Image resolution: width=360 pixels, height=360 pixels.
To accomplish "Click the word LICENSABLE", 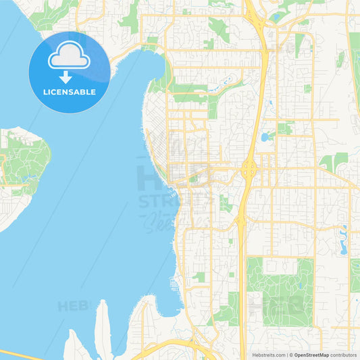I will [x=69, y=92].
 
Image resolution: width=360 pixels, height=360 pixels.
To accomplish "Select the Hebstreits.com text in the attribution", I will [x=268, y=355].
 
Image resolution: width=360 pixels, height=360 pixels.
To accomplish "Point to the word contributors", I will [x=343, y=355].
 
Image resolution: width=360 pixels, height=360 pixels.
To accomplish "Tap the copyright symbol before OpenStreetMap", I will [x=290, y=355].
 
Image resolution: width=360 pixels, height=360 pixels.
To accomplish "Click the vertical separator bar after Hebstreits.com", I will [x=286, y=355].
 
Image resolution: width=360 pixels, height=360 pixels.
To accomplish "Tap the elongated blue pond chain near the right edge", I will [x=343, y=240].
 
